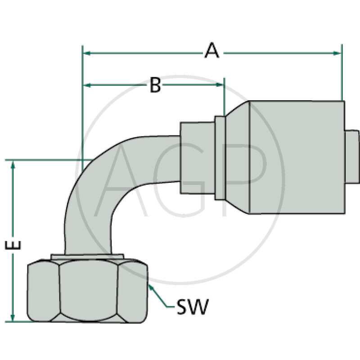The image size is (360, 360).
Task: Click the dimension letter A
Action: (211, 50)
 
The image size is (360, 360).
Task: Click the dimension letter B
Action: (155, 85)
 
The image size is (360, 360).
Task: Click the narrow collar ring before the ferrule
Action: (220, 157)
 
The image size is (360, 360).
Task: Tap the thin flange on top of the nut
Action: (87, 256)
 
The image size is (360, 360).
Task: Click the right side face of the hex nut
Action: (133, 292)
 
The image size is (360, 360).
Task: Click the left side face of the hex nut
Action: (43, 292)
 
